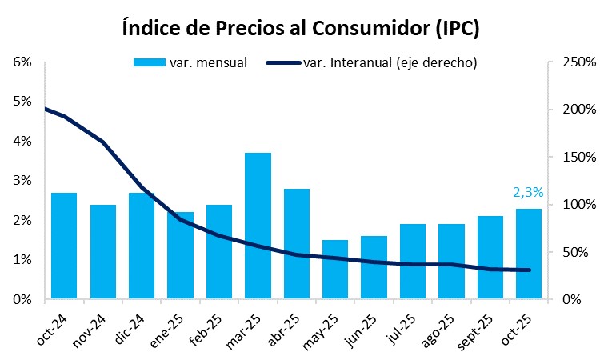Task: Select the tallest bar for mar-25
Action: coord(258,226)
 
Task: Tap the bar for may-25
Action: coord(335,270)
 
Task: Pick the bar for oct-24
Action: coord(64,246)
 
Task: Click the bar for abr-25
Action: coord(297,244)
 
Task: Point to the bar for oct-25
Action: coord(528,254)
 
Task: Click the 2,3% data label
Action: coord(528,192)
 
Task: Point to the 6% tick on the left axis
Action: coord(22,62)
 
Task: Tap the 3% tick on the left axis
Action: coord(22,181)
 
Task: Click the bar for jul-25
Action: coord(412,262)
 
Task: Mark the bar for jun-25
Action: coord(374,267)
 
